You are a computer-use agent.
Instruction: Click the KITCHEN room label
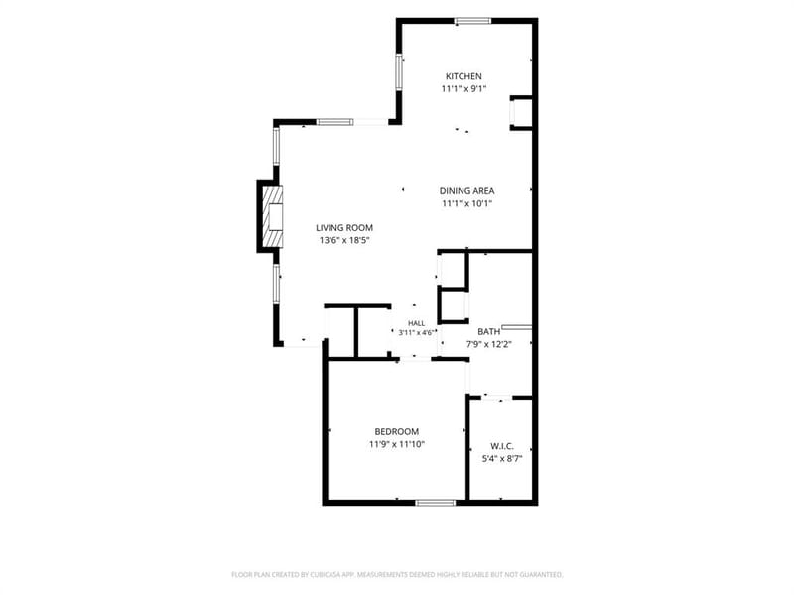463,76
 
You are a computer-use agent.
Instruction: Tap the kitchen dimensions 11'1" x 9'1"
463,89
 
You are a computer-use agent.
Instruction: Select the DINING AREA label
466,191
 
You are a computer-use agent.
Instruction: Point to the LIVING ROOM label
344,228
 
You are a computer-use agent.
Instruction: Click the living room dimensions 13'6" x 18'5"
344,240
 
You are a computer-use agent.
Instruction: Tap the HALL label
417,323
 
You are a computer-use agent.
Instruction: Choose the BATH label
489,332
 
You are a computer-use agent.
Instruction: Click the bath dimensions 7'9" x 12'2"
489,344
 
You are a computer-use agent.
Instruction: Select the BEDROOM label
396,432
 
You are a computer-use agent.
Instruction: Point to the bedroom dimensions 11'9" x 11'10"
396,444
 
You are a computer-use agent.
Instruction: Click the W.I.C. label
502,447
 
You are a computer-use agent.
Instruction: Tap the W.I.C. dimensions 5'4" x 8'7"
502,459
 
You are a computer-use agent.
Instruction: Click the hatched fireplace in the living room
272,216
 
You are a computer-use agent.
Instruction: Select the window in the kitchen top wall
472,21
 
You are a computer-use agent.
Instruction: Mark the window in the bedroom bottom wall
436,503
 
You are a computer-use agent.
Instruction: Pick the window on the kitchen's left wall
399,71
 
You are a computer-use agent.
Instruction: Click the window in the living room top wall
334,122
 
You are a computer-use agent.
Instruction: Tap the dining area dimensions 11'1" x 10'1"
466,204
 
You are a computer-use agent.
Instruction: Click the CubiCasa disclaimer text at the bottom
397,575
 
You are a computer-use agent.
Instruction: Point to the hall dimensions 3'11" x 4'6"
417,333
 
